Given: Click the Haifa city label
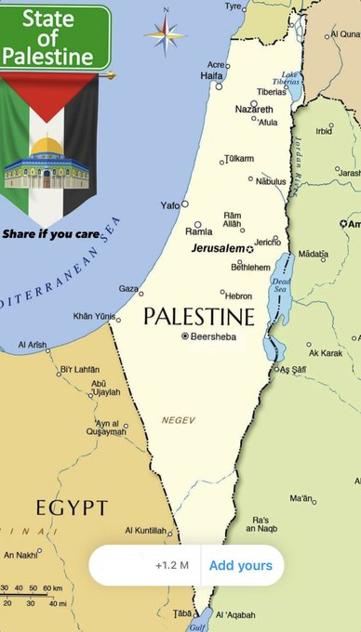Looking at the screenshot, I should click(x=212, y=74).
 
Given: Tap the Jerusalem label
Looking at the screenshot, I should click(x=218, y=249).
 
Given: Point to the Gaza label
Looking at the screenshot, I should click(x=128, y=289).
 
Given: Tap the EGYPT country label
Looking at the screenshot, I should click(x=72, y=507).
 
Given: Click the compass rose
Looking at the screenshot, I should click(x=166, y=35).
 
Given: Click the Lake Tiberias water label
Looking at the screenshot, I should click(x=291, y=77).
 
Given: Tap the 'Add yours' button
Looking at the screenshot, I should click(x=240, y=565).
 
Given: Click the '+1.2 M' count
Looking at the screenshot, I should click(x=172, y=565).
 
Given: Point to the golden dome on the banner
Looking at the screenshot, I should click(x=47, y=147).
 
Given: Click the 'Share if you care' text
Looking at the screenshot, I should click(x=50, y=233).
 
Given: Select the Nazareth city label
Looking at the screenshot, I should click(x=254, y=110).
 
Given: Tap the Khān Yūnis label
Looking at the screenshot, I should click(x=95, y=316).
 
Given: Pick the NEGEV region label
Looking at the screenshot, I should click(x=179, y=420).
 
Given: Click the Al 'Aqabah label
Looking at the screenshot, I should click(x=236, y=615).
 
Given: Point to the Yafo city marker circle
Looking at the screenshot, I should click(x=185, y=204).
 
